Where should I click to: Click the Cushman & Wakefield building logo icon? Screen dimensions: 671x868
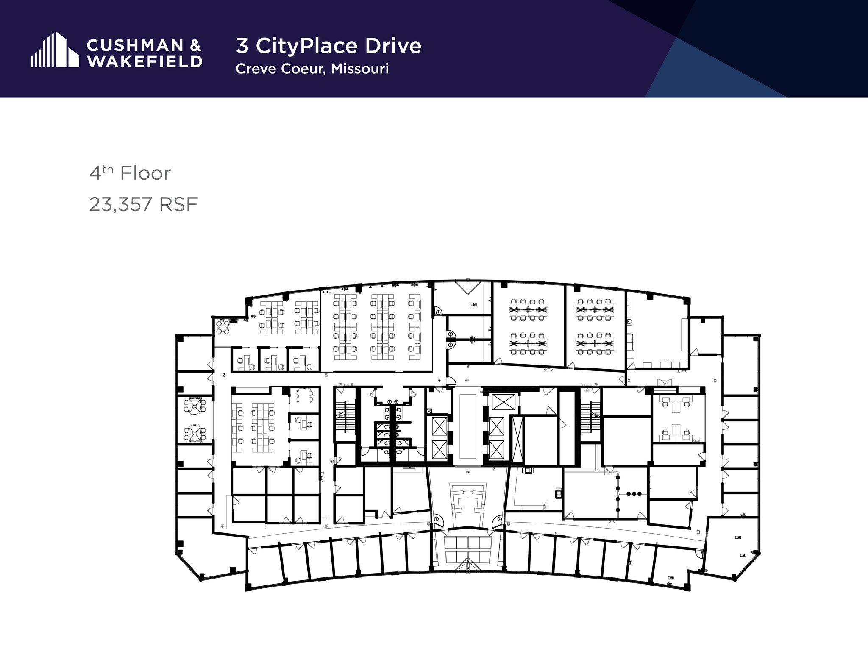[x=54, y=50]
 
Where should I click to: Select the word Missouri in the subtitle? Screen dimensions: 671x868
[x=360, y=69]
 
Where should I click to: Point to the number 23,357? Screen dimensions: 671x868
[x=120, y=205]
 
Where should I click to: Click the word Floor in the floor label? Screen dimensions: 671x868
[x=145, y=173]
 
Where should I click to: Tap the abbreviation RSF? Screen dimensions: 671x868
[x=178, y=205]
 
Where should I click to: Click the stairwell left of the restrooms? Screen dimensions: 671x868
[x=341, y=415]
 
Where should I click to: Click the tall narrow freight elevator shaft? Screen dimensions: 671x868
[x=516, y=439]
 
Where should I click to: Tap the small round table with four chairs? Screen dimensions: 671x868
[x=223, y=326]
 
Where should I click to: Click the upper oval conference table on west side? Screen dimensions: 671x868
[x=195, y=406]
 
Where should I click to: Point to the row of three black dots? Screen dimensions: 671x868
[x=634, y=493]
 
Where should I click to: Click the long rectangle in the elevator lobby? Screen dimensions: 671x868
[x=468, y=426]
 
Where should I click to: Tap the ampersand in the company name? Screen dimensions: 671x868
[x=195, y=46]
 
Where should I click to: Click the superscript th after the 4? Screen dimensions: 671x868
[x=108, y=169]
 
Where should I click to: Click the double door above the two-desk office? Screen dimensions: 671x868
[x=665, y=383]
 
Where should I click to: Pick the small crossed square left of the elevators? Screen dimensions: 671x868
[x=429, y=411]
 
